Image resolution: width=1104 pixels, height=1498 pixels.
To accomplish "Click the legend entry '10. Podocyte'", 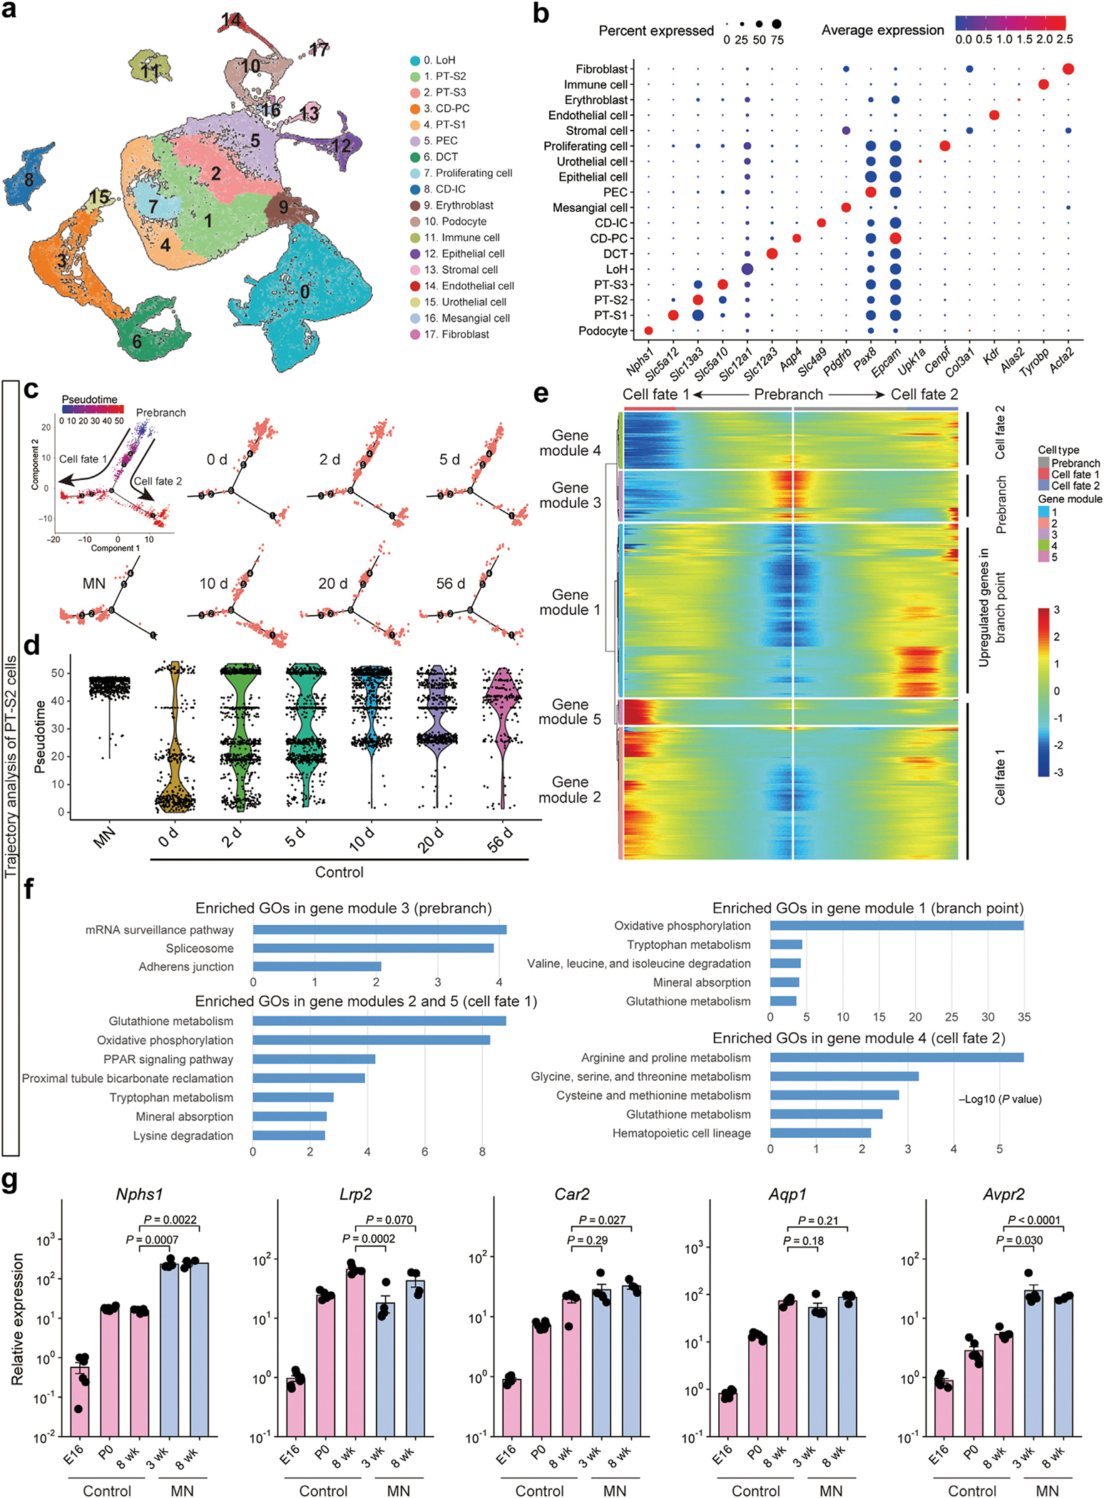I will pos(455,222).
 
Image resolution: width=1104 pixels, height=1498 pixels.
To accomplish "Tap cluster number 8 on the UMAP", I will pos(29,179).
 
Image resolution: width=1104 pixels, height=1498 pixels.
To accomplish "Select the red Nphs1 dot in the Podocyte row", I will pos(648,330).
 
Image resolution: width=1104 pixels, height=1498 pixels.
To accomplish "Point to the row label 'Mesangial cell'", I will pos(590,208).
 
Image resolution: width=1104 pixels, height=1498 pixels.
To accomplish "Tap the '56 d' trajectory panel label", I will pos(450,584).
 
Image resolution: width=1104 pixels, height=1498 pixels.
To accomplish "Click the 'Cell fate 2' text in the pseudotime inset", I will pos(158,481).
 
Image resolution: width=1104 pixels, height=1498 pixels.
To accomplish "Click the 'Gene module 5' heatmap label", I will pos(570,712).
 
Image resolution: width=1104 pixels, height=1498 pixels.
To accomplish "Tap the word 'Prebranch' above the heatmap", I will pos(788,394).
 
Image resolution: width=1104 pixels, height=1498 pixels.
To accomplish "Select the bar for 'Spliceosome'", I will pos(373,948).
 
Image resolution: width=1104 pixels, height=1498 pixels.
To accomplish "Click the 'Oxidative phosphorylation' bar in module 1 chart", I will pos(896,926).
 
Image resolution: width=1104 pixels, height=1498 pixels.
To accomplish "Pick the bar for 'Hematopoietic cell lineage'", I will pos(820,1133).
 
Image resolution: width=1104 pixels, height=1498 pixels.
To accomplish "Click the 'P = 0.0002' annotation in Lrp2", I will pos(369,1238).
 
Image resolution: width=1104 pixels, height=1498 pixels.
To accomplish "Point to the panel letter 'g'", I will pos(11,1181).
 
